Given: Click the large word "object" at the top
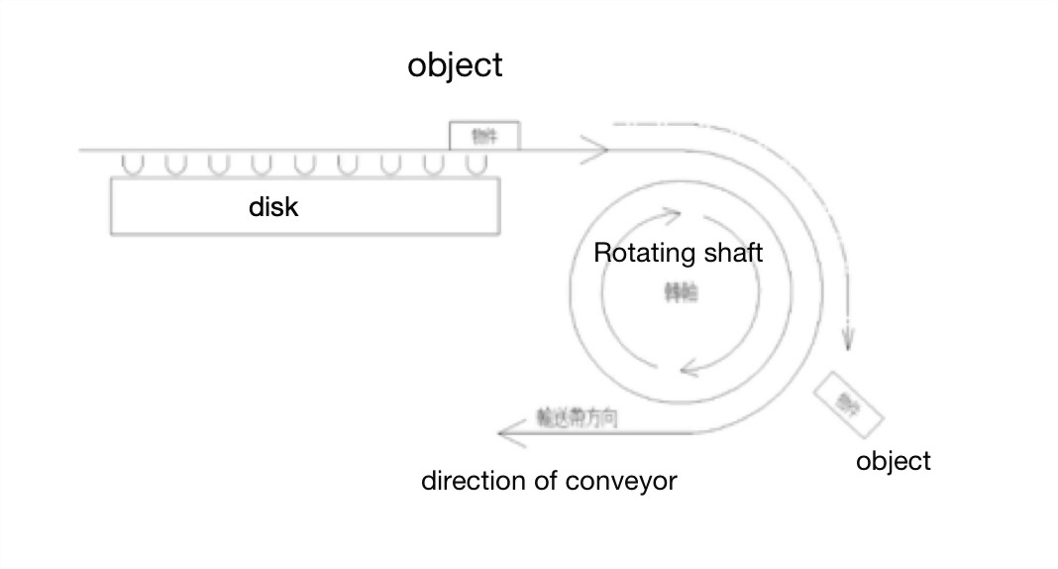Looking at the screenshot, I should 455,65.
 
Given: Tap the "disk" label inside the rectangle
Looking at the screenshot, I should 272,208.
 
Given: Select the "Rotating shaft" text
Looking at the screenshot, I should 678,253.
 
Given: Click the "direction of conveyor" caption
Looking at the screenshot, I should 549,482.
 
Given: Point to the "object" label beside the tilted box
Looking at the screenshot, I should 894,461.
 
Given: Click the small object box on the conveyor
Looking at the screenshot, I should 484,136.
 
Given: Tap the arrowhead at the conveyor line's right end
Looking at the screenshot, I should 597,152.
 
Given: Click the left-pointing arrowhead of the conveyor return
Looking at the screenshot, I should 507,430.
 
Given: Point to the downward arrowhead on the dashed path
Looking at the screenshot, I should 847,339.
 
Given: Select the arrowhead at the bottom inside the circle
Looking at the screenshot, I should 689,371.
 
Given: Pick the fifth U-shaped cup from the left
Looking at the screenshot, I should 304,164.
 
